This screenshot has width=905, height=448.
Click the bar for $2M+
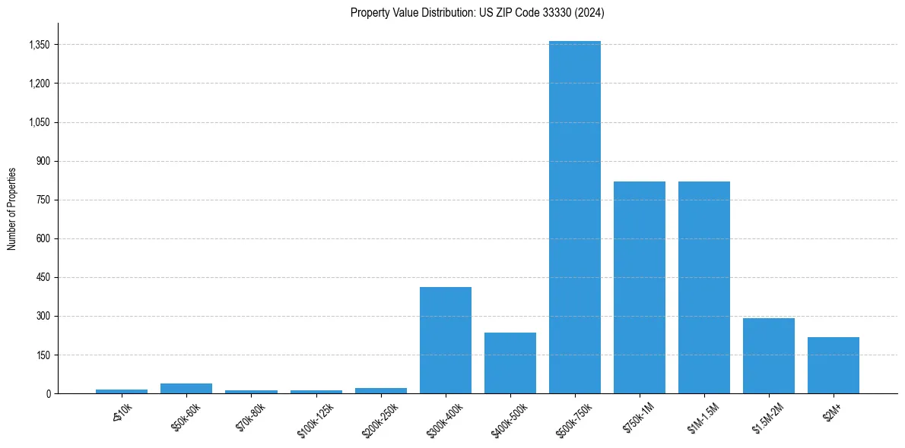(x=834, y=365)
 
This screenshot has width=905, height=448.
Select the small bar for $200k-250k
(x=381, y=391)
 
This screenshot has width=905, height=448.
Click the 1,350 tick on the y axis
(x=38, y=45)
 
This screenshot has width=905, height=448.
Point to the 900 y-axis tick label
(x=42, y=161)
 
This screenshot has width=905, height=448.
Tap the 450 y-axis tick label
(x=42, y=277)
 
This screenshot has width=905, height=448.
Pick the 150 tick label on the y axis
(x=42, y=355)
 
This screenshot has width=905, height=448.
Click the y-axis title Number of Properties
(x=11, y=208)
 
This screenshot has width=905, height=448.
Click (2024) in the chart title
(x=590, y=12)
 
